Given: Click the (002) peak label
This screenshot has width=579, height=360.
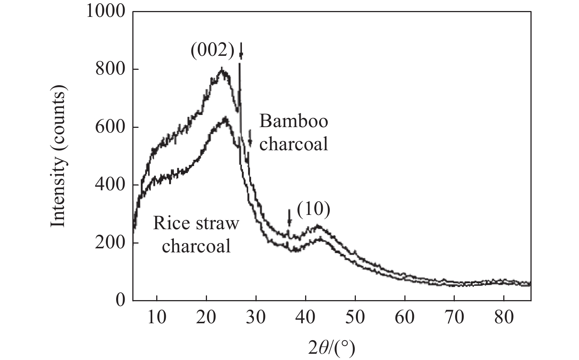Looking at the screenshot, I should coord(212,52).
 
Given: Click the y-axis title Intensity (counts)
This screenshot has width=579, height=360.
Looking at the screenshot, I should coord(58,155).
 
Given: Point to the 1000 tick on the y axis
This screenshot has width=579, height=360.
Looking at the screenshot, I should coord(106,12).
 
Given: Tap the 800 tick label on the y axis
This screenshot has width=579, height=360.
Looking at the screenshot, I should coord(111,69).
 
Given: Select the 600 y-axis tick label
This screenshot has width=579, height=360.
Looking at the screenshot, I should coord(111,127).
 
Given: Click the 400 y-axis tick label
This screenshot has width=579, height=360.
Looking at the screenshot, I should coord(111,185).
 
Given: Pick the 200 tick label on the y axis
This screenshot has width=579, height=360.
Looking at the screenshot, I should coord(111,243).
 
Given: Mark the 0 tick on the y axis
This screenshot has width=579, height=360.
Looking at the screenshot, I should coord(120,300).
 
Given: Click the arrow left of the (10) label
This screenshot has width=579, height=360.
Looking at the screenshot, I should coord(289,217).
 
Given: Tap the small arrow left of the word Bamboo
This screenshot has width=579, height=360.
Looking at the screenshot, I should coord(250,138).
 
